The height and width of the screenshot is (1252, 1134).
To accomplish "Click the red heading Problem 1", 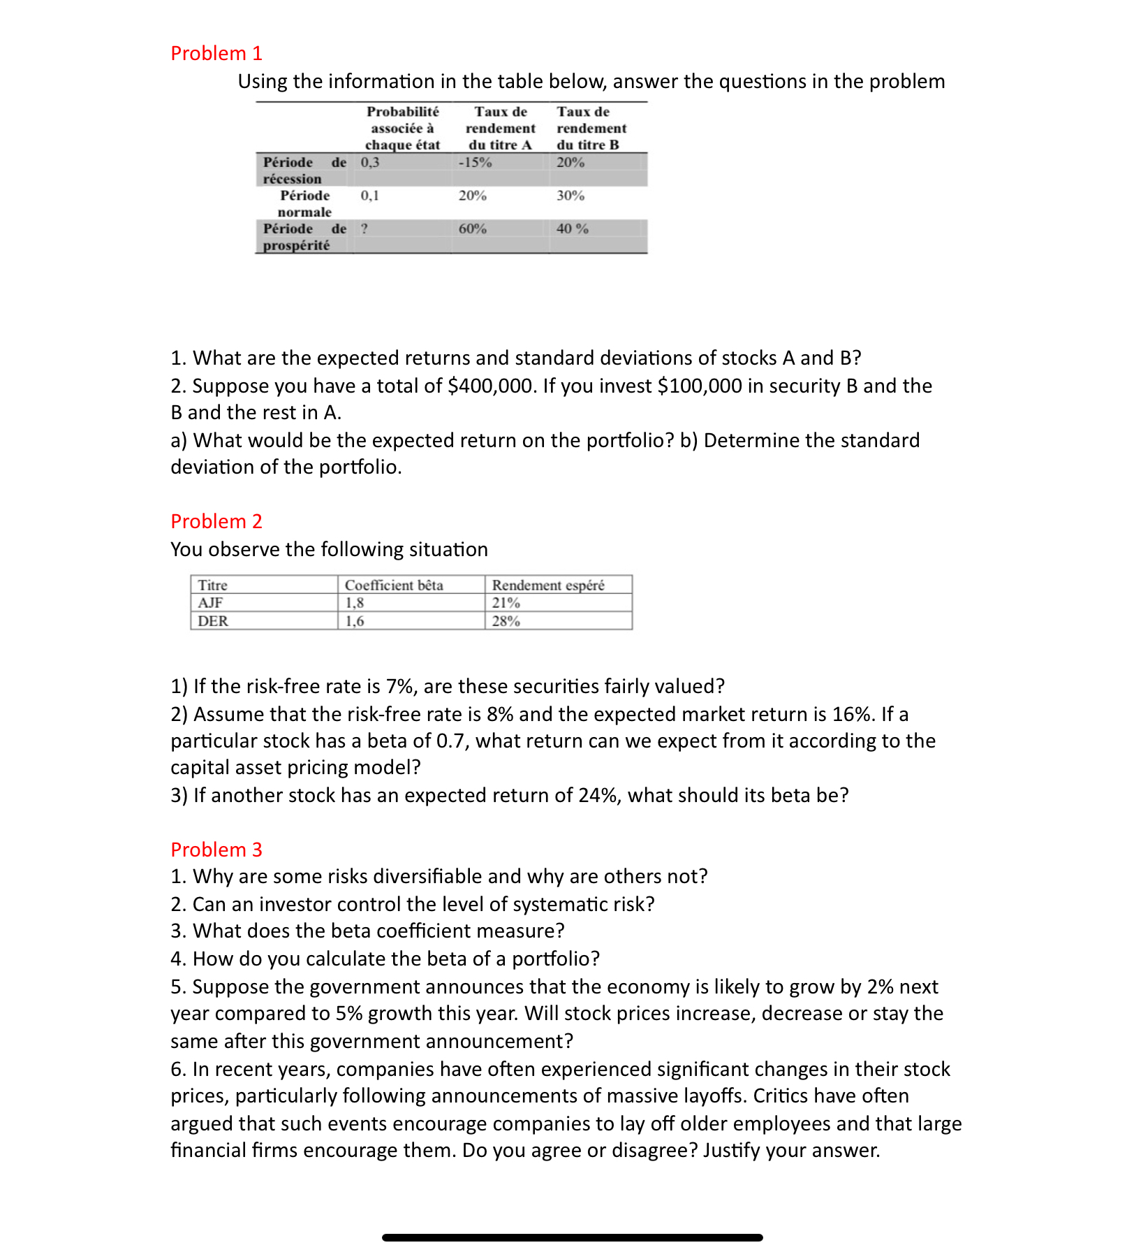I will pos(216,53).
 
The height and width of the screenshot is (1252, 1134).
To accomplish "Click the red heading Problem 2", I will pos(216,521).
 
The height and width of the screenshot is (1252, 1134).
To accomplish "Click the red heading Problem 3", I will pos(216,850).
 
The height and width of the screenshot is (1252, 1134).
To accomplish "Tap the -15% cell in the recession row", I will pos(475,162).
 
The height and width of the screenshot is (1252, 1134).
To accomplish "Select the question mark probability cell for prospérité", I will pos(364,228).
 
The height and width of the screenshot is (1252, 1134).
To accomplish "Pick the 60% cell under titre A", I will pos(473,228).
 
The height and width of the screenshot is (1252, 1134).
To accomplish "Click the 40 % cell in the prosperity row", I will pos(573,228).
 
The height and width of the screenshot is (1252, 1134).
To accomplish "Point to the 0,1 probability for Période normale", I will pos(369,196).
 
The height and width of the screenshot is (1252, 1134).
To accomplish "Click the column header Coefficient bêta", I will pos(394,585).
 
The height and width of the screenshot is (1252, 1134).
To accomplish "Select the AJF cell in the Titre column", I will pos(210,602).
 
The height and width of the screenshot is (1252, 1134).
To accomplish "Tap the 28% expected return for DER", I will pos(506,620).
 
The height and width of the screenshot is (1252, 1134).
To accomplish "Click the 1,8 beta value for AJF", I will pos(355,602).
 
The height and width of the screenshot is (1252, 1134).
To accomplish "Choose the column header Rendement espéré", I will pos(548,585).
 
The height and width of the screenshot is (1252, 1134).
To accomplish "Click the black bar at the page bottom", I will pos(573,1237).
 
